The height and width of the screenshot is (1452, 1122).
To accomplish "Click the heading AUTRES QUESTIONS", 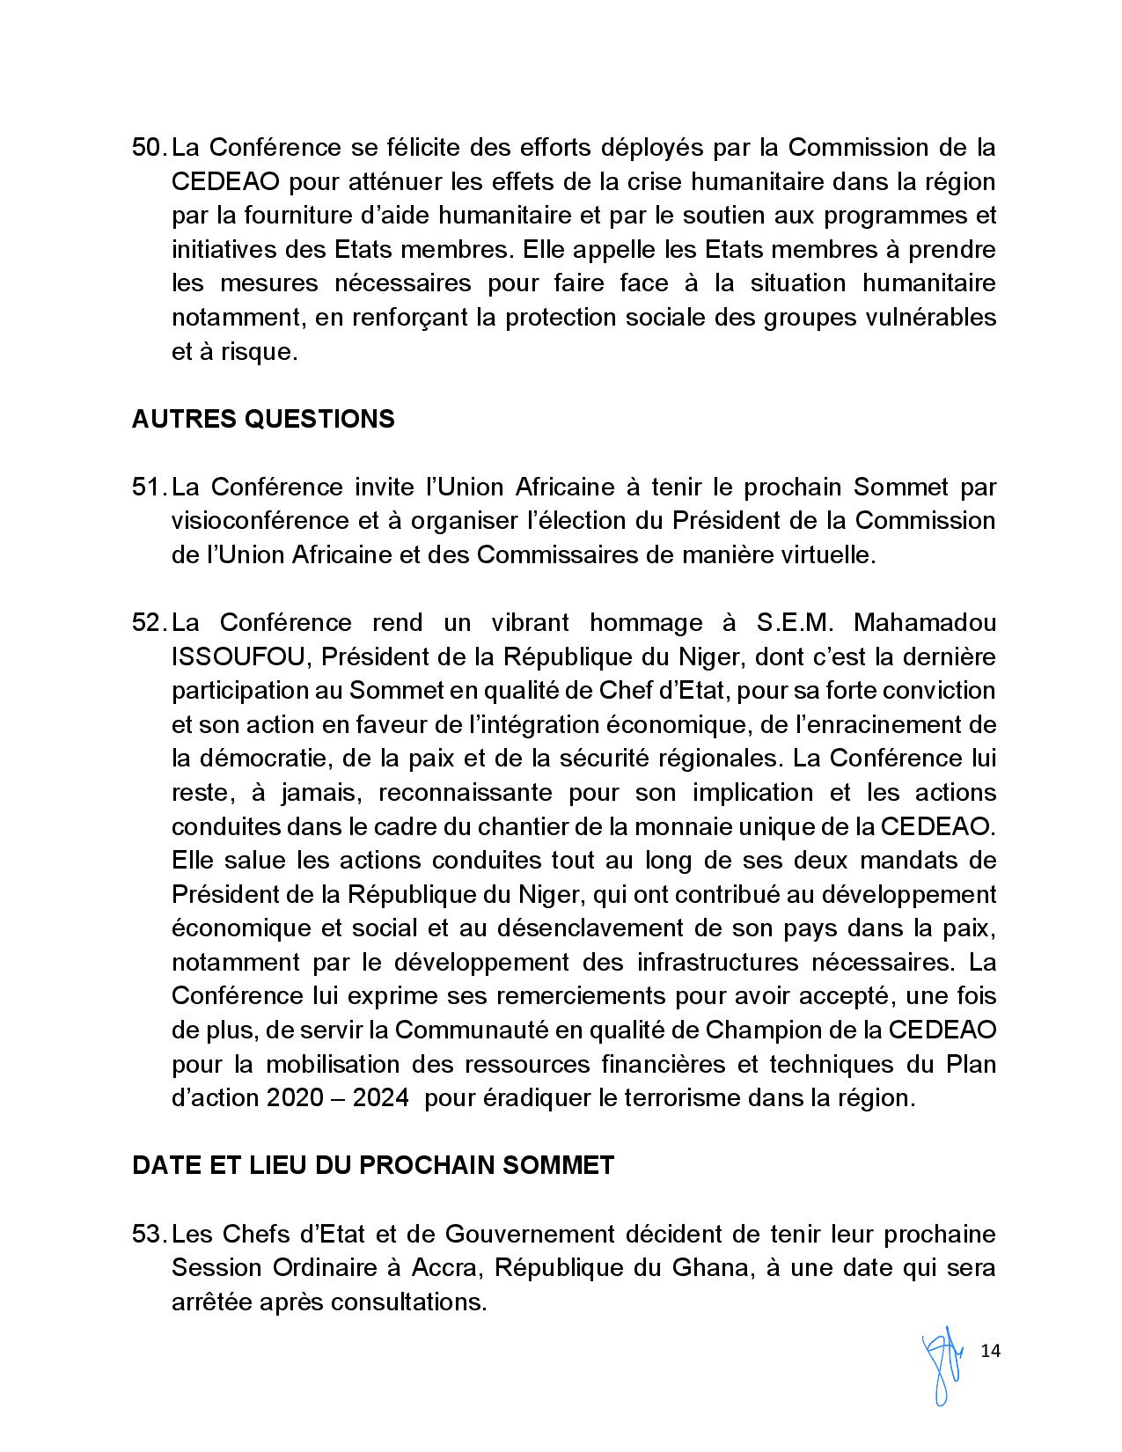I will [x=263, y=419].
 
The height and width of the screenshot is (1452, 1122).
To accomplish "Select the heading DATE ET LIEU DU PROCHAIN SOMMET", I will [x=373, y=1165].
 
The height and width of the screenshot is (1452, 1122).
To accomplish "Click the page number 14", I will [x=990, y=1351].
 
